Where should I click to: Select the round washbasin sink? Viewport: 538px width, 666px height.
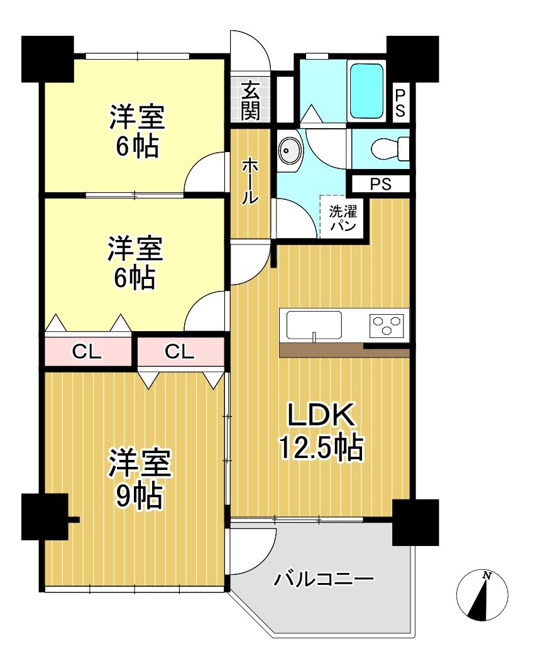point(290,151)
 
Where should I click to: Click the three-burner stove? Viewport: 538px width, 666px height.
point(386,325)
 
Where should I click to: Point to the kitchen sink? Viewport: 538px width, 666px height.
point(314,325)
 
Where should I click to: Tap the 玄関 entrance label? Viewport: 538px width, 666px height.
point(250,101)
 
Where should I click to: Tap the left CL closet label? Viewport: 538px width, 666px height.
point(87,352)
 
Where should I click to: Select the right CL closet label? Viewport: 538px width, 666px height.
point(180,352)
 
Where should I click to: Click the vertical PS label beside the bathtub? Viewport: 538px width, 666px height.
point(400,103)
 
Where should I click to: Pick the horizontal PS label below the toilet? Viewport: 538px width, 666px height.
point(380,184)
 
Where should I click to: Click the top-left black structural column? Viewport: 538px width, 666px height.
point(47,58)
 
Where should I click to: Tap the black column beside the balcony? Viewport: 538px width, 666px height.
point(415,521)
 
